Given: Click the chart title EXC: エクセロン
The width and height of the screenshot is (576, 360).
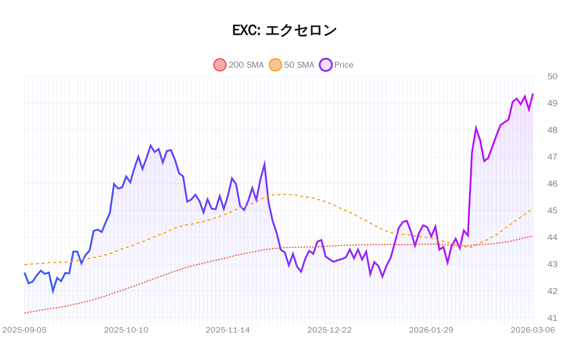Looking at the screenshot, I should (284, 30).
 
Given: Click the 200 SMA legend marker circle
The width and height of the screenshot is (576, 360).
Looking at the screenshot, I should (220, 65).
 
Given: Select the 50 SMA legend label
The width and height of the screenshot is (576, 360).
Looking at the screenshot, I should (299, 65).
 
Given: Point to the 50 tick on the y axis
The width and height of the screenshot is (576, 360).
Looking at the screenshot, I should (552, 76).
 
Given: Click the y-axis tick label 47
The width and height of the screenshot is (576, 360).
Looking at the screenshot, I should (552, 157).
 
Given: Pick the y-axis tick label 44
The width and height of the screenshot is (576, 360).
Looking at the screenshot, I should (552, 237).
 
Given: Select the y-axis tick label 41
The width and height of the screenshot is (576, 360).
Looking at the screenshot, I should (552, 318).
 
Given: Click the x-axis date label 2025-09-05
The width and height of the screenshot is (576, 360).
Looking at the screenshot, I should (24, 330).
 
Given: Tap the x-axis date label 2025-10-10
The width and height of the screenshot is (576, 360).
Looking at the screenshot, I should (126, 330).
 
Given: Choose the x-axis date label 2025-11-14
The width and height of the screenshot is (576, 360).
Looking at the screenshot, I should (228, 330).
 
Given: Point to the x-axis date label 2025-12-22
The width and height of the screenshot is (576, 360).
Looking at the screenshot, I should (329, 330).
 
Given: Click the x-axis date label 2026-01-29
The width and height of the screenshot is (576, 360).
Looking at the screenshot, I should (431, 330).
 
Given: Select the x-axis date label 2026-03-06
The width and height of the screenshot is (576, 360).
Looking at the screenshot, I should (532, 330).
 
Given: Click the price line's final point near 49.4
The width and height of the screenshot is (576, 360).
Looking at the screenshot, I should (533, 94).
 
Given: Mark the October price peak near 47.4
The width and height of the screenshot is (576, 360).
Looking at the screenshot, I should (150, 146).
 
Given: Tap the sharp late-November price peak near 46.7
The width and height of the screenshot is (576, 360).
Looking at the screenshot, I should (264, 164).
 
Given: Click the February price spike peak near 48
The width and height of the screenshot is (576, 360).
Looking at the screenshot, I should (476, 128).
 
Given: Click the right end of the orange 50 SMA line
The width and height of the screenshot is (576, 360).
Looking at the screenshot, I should (532, 209).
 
